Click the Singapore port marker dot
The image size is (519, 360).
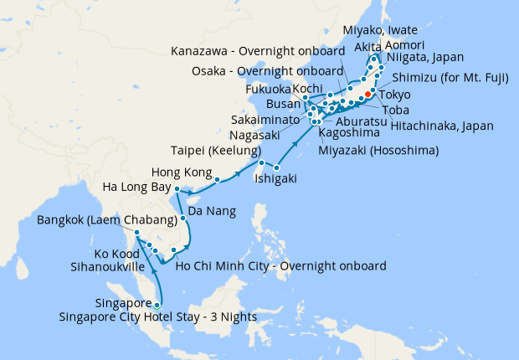[x=157, y=304]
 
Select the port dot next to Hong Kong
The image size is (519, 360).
[x=218, y=179]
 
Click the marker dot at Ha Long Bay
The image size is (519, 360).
[x=177, y=189]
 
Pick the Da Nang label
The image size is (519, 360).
[x=210, y=212]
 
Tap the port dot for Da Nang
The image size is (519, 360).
[x=183, y=219]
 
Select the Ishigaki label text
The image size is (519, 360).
[x=274, y=178]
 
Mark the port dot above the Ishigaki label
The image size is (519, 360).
[x=276, y=168]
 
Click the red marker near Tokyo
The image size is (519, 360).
[x=368, y=95]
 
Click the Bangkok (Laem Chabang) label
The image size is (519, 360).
[x=107, y=221]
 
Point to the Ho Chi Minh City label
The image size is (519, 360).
[x=280, y=266]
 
